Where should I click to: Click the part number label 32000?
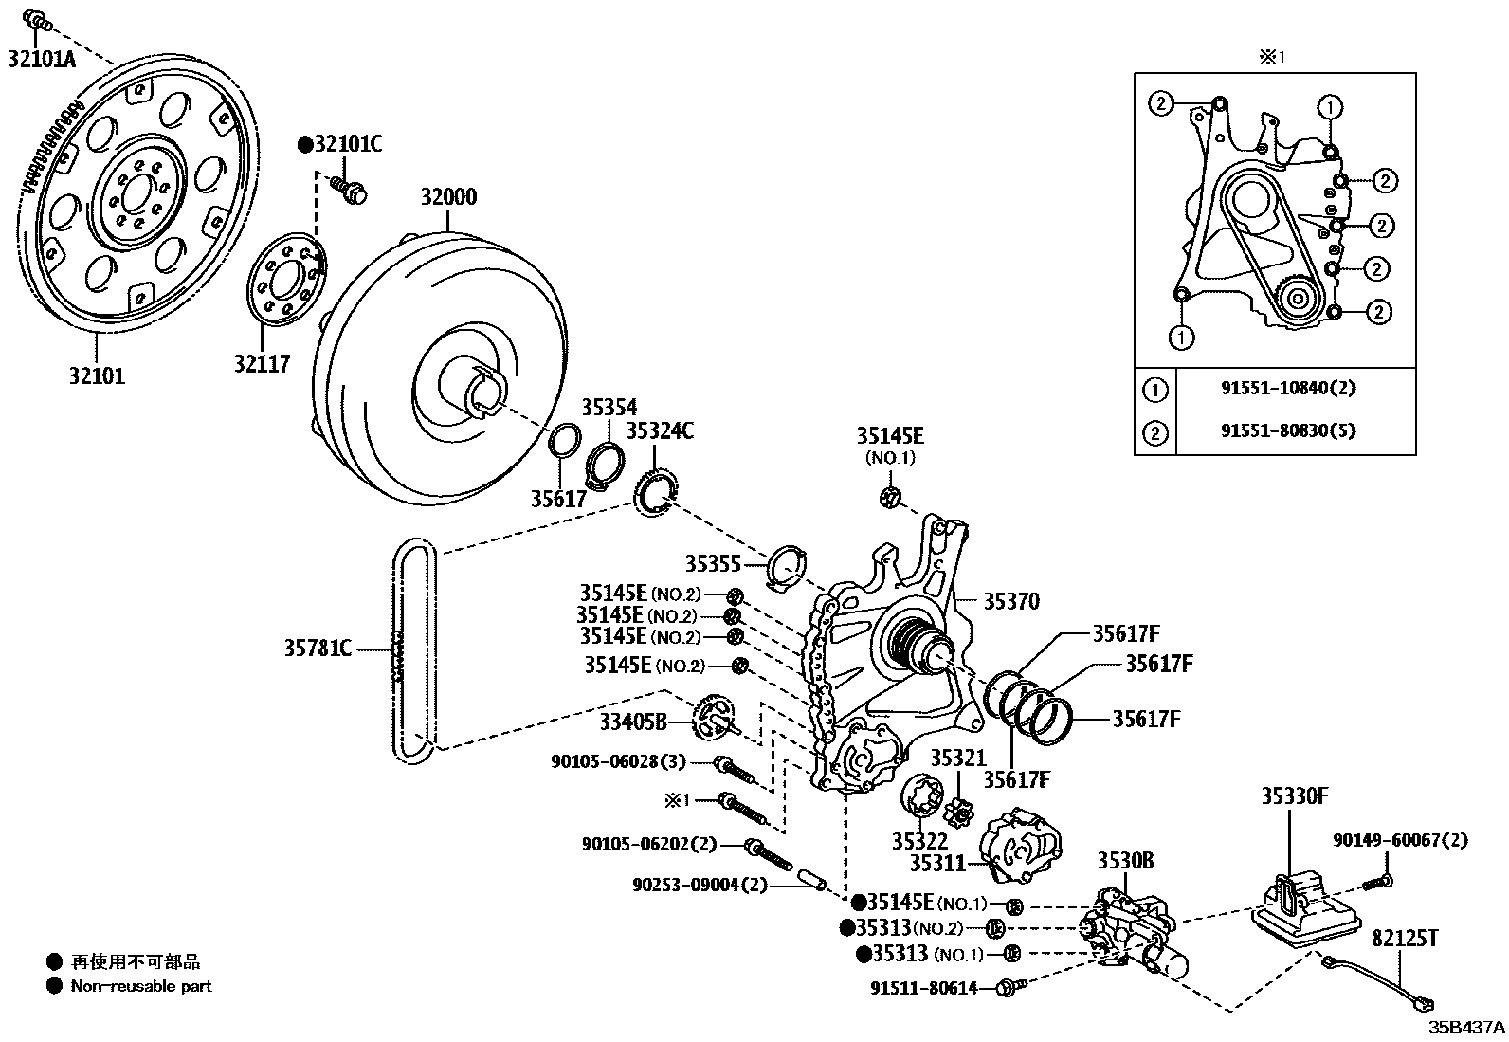pyautogui.click(x=448, y=197)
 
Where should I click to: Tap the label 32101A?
pyautogui.click(x=42, y=59)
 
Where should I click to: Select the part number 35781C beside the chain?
pyautogui.click(x=318, y=649)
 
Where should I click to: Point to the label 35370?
pyautogui.click(x=1011, y=601)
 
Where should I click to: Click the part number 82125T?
pyautogui.click(x=1405, y=939)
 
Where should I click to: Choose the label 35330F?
pyautogui.click(x=1295, y=796)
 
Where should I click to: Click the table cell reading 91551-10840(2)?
pyautogui.click(x=1288, y=388)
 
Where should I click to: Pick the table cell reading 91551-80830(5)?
pyautogui.click(x=1288, y=430)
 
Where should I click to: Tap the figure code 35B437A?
pyautogui.click(x=1467, y=1027)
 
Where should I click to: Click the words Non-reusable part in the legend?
pyautogui.click(x=141, y=986)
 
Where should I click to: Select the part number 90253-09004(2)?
pyautogui.click(x=700, y=885)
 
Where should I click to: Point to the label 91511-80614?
pyautogui.click(x=923, y=988)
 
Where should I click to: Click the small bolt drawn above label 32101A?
pyautogui.click(x=38, y=21)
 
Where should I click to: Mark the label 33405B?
pyautogui.click(x=633, y=722)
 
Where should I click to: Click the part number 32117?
pyautogui.click(x=262, y=364)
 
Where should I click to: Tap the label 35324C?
pyautogui.click(x=660, y=430)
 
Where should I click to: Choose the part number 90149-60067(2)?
pyautogui.click(x=1401, y=840)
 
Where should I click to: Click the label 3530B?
pyautogui.click(x=1126, y=861)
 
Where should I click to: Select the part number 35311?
pyautogui.click(x=937, y=863)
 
